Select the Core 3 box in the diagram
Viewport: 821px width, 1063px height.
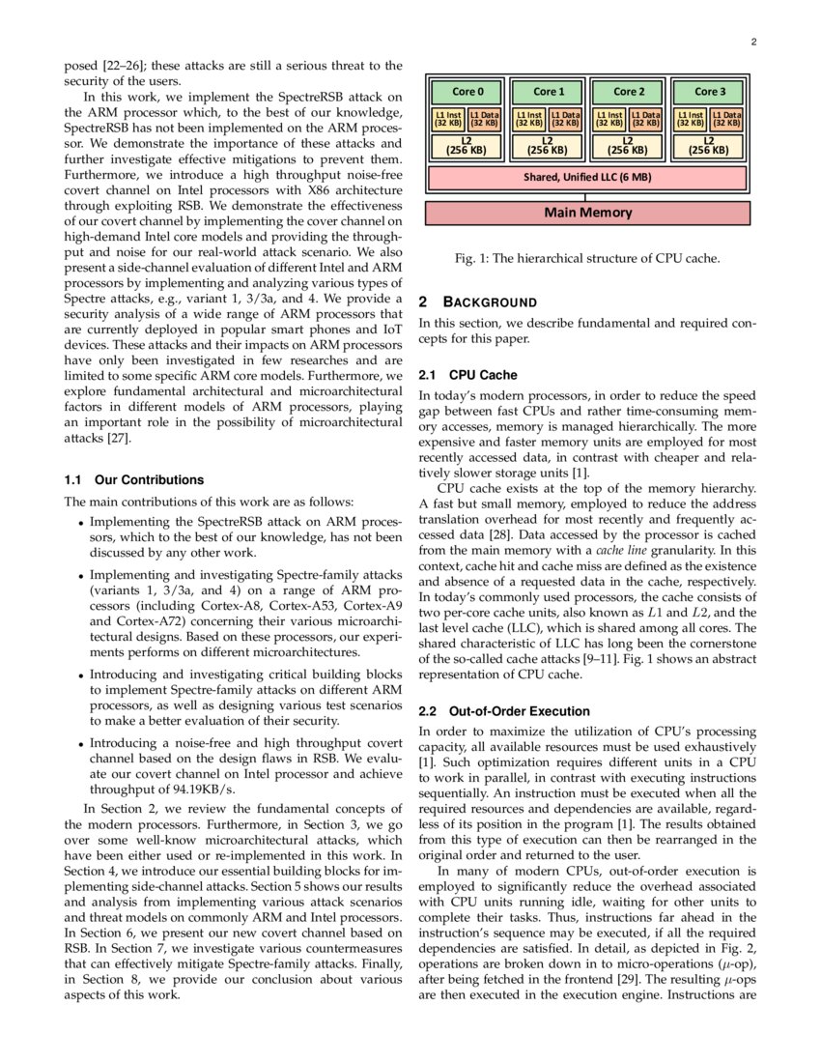(709, 92)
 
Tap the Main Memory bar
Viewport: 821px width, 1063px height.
(587, 213)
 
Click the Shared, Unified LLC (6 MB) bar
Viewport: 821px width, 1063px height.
(587, 178)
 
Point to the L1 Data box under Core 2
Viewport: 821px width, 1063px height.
(646, 120)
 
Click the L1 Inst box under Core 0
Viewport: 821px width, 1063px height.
(447, 120)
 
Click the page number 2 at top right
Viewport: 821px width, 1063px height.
(753, 43)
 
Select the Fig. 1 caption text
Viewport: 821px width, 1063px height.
(587, 258)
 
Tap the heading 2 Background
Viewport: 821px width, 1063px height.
(477, 302)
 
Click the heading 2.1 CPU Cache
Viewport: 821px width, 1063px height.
(468, 374)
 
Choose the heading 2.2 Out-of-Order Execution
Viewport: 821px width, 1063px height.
(504, 711)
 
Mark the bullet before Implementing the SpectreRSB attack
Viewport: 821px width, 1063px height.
(79, 522)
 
